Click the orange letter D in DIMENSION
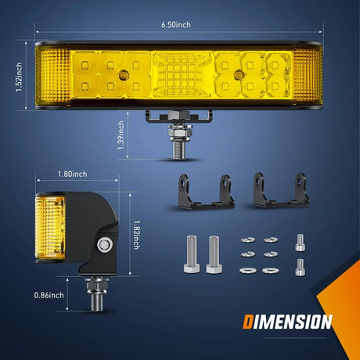[247, 321]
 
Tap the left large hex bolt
[191, 254]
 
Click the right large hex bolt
[213, 254]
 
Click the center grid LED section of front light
[182, 78]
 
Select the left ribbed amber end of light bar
[52, 77]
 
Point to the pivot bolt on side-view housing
[103, 244]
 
